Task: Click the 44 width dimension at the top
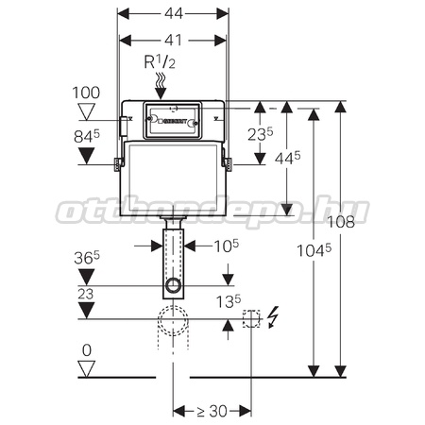174,13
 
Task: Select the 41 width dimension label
174,40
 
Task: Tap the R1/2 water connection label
160,61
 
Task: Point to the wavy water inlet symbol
161,81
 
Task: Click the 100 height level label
86,93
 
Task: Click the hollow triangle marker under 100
87,112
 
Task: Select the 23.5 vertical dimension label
261,134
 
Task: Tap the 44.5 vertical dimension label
287,158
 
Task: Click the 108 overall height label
341,222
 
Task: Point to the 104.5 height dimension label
314,250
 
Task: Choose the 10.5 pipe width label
227,246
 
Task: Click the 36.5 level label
87,258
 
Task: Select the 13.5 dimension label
229,301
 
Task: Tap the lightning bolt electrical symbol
273,317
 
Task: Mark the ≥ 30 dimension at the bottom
212,411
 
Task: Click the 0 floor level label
87,350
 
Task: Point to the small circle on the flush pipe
173,285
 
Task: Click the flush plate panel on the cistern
172,120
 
